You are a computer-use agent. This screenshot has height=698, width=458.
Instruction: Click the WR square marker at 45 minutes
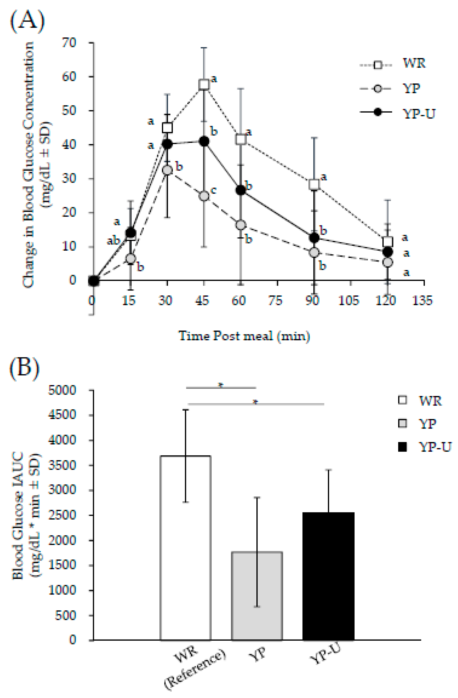(204, 84)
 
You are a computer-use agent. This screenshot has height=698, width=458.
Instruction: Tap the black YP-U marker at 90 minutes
(314, 238)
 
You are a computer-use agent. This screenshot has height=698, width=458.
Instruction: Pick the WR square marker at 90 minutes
(314, 184)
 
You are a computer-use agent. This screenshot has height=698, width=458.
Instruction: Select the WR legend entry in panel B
(419, 400)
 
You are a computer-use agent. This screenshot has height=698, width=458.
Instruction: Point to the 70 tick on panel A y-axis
(69, 43)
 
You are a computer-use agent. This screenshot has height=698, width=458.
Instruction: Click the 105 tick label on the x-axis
(349, 301)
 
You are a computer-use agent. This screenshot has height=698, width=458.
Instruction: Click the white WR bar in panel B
(186, 548)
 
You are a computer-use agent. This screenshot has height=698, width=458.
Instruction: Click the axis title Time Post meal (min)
(244, 336)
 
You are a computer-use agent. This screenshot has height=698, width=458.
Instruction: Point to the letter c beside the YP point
(214, 190)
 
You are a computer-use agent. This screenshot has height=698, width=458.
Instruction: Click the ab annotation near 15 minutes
(113, 241)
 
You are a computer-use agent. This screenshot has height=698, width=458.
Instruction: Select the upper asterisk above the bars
(221, 385)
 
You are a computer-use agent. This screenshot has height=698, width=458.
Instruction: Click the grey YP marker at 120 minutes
(388, 262)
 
